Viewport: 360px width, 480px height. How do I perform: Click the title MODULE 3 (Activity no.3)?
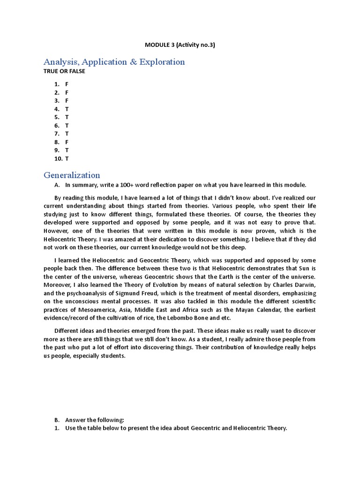(180, 45)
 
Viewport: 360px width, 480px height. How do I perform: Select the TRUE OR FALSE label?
(64, 72)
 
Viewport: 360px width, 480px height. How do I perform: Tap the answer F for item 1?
(67, 84)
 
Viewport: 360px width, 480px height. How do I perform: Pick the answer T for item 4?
(67, 109)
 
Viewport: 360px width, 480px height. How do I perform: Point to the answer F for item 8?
(67, 142)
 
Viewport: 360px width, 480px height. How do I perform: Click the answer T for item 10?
(67, 159)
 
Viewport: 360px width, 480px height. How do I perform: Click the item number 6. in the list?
(57, 126)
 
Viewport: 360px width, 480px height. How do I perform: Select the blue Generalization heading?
(72, 175)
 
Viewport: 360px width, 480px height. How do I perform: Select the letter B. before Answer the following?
(57, 420)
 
